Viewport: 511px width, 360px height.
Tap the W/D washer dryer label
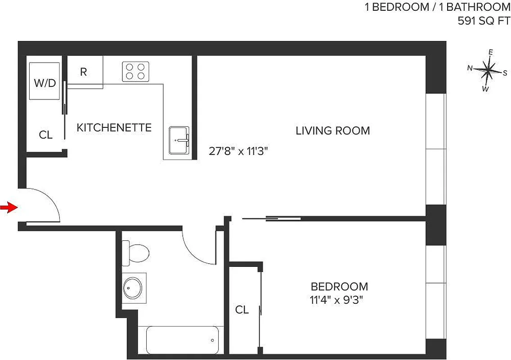coord(45,83)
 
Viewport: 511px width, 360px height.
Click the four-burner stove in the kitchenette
coord(135,71)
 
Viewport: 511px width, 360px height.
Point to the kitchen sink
coord(179,140)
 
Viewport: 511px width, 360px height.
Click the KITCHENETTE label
coord(114,127)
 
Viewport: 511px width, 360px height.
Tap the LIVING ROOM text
coord(332,130)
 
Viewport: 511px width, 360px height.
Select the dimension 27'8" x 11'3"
coord(238,151)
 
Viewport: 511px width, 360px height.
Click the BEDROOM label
coord(339,286)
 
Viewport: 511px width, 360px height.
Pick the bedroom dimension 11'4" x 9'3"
coord(337,300)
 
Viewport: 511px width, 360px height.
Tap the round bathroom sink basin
coord(133,287)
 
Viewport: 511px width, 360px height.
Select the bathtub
coord(182,340)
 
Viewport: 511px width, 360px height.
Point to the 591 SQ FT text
coord(484,21)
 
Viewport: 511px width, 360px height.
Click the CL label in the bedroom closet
coord(242,310)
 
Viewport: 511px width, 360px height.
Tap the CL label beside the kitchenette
coord(45,135)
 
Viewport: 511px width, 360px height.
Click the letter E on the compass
coord(491,52)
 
